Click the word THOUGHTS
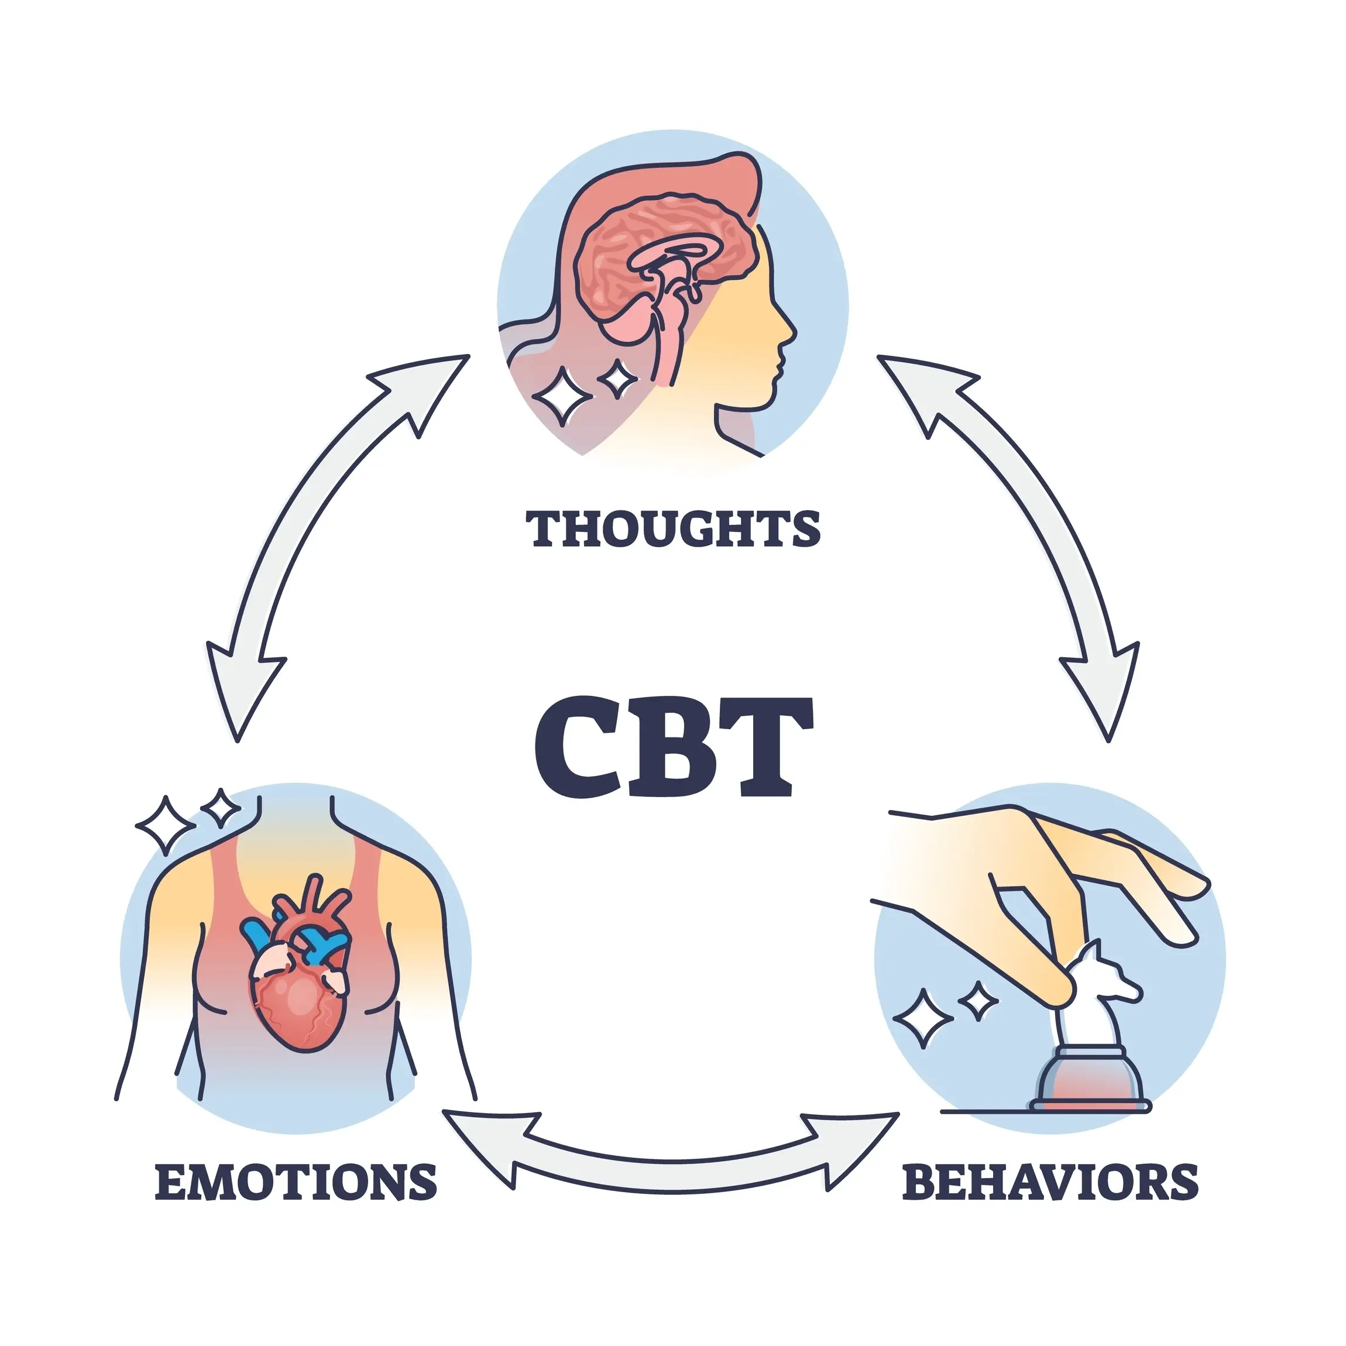(x=673, y=529)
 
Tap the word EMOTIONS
(x=296, y=1182)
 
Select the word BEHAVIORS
(x=1050, y=1182)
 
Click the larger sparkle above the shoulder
(x=165, y=826)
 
